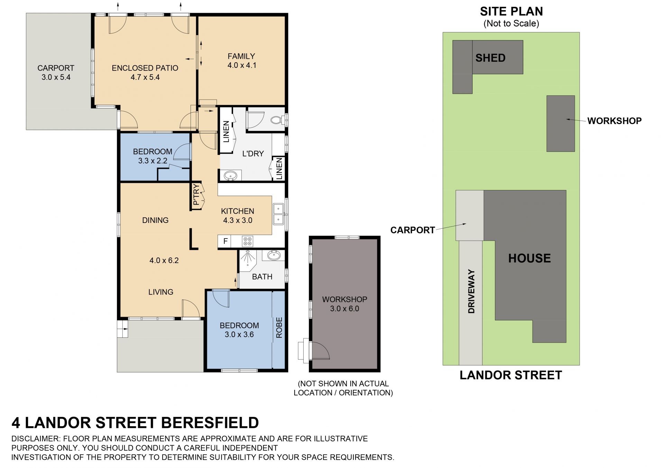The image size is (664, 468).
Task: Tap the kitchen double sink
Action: tap(278, 214)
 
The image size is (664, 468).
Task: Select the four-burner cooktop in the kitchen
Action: tap(248, 241)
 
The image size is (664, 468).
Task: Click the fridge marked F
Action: tap(225, 241)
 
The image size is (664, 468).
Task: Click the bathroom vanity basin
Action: tap(274, 256)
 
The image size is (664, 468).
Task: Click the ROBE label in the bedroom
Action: tap(279, 327)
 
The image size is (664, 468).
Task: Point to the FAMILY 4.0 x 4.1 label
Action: tap(242, 61)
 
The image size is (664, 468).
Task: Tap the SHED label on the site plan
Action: tap(490, 58)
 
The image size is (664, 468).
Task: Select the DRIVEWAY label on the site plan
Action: tap(471, 291)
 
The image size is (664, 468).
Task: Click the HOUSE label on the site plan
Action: tap(529, 258)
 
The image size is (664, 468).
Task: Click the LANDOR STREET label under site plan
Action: tap(511, 375)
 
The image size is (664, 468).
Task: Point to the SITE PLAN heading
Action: tap(511, 11)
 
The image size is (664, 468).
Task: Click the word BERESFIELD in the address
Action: tap(210, 423)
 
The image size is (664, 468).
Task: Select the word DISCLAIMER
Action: tap(36, 439)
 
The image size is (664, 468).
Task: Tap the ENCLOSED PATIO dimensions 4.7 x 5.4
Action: tap(145, 77)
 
